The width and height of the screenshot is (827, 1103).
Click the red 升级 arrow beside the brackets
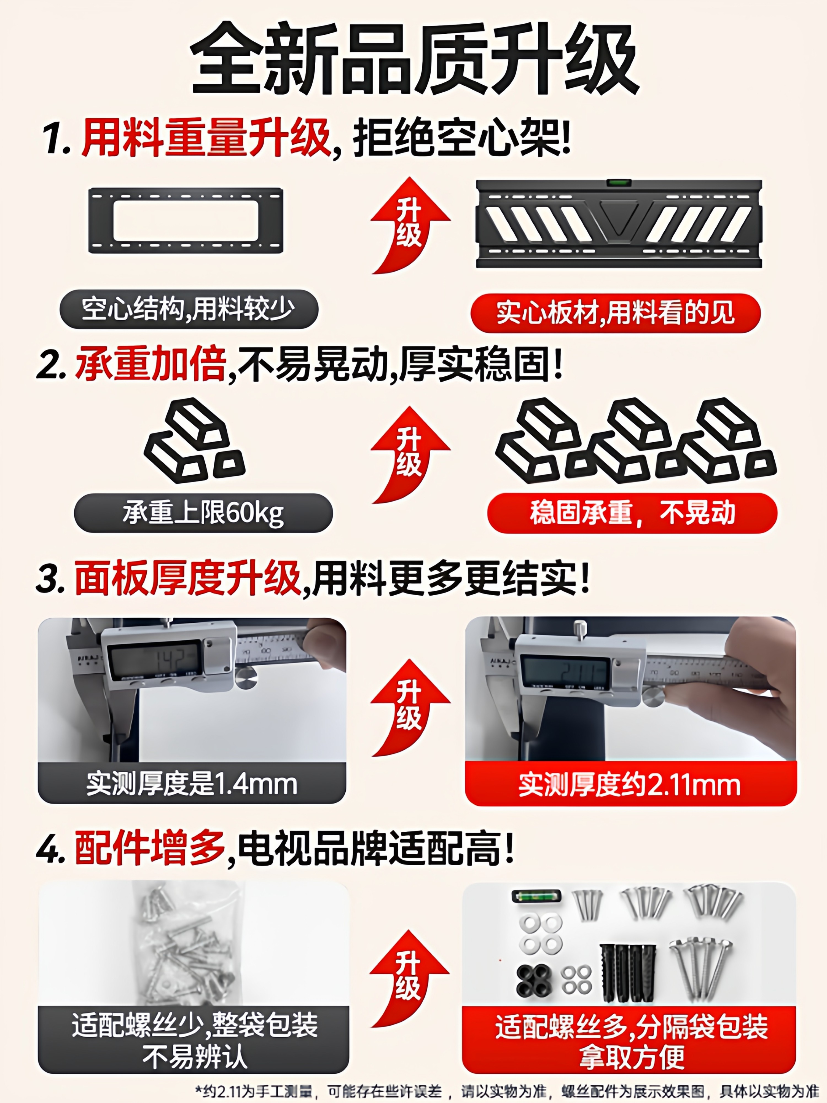tap(410, 225)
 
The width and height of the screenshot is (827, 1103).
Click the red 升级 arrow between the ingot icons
tap(410, 455)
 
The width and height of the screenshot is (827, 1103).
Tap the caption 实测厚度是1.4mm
tap(192, 784)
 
